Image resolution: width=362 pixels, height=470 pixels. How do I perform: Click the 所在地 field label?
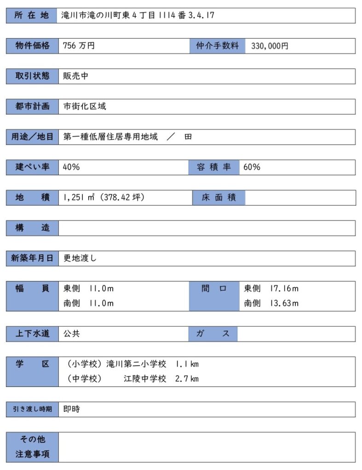point(32,16)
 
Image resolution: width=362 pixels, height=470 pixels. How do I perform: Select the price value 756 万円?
point(79,46)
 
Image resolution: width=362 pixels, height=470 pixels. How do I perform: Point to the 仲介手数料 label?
point(217,46)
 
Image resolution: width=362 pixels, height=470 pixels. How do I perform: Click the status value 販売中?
point(75,76)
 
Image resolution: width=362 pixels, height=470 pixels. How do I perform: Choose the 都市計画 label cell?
point(32,106)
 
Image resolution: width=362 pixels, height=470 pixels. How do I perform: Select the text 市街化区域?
point(85,106)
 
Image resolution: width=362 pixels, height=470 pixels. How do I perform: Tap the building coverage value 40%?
point(71,167)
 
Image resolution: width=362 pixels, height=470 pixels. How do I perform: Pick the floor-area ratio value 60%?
point(252,167)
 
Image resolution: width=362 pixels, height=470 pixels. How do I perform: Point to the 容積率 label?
point(214,167)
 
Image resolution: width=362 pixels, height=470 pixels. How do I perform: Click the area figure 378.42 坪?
point(121,198)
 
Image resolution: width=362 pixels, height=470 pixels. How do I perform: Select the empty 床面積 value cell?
point(300,198)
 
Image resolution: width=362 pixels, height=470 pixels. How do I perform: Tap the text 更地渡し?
point(80,258)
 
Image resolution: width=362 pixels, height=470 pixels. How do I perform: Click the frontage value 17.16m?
point(284,289)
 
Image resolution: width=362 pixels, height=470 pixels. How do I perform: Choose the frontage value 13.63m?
point(284,303)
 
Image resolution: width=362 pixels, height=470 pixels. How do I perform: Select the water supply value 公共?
point(71,334)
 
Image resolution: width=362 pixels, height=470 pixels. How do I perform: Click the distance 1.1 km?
point(187,364)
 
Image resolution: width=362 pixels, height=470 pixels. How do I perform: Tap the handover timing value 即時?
point(71,409)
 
